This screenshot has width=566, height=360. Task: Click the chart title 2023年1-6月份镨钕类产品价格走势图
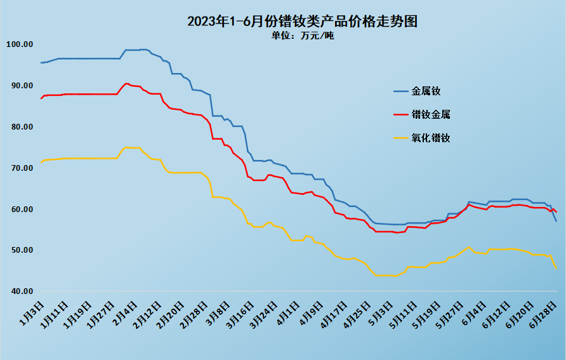(302, 22)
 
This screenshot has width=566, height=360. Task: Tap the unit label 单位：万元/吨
(302, 36)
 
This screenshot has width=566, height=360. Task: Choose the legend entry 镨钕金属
(431, 115)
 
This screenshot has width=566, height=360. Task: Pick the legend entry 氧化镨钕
(431, 138)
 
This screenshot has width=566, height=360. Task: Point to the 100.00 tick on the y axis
(19, 44)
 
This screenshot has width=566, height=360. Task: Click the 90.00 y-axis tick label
(19, 86)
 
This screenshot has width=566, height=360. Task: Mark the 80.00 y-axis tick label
(19, 127)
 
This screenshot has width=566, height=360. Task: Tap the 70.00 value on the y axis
(19, 168)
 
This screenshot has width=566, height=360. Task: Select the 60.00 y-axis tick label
(19, 210)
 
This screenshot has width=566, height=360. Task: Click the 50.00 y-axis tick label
(19, 250)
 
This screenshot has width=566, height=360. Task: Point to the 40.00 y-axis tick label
(19, 291)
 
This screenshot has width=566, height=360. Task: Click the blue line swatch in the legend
(400, 91)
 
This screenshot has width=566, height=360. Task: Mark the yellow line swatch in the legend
(400, 138)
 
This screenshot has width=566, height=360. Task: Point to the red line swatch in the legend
(400, 115)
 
